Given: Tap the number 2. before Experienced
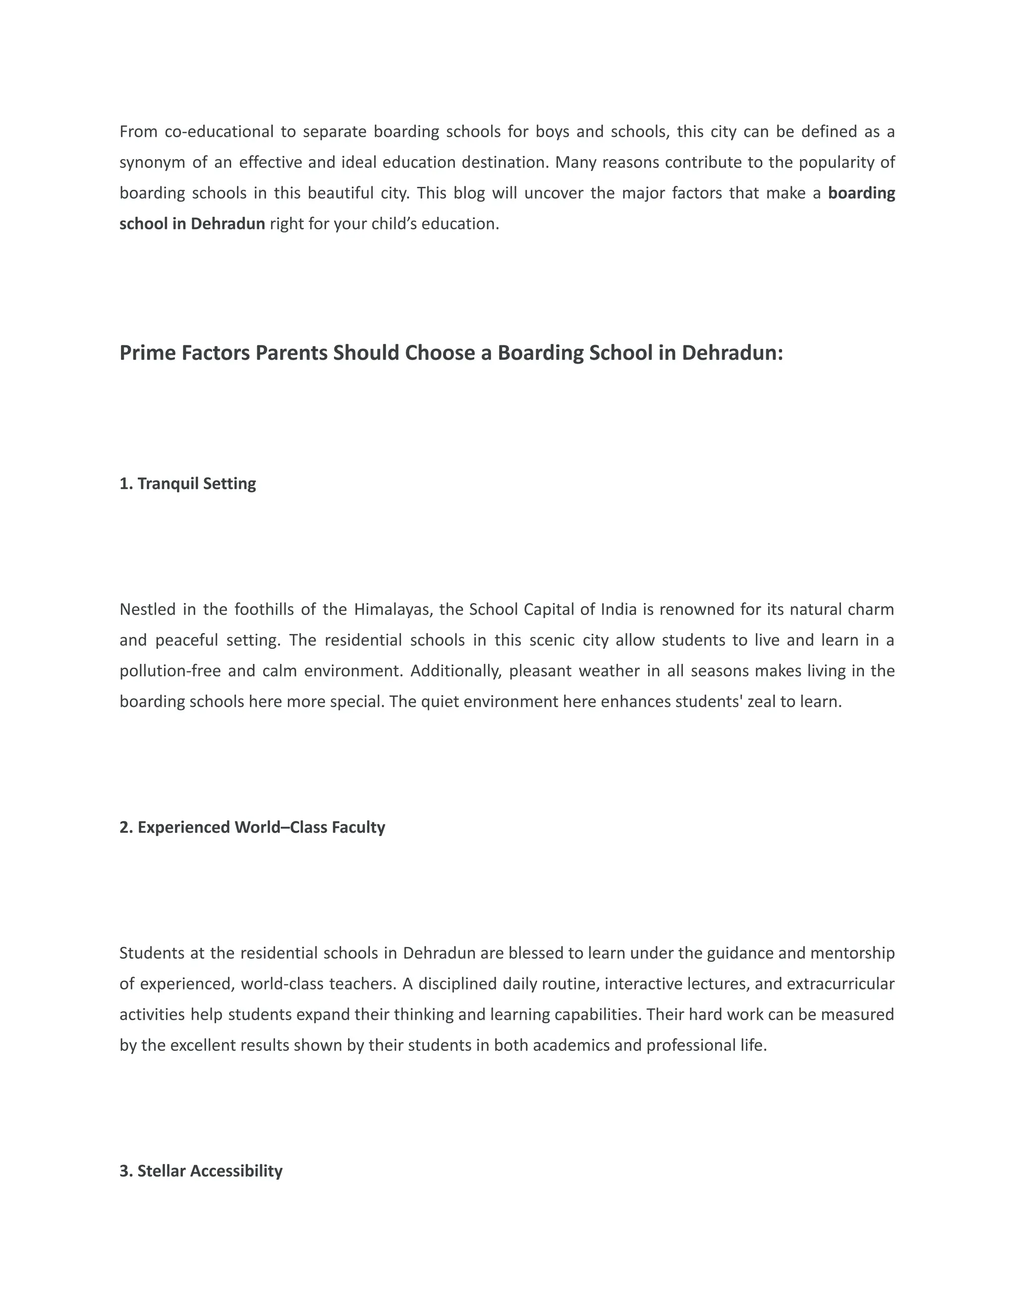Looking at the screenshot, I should click(x=126, y=828).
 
